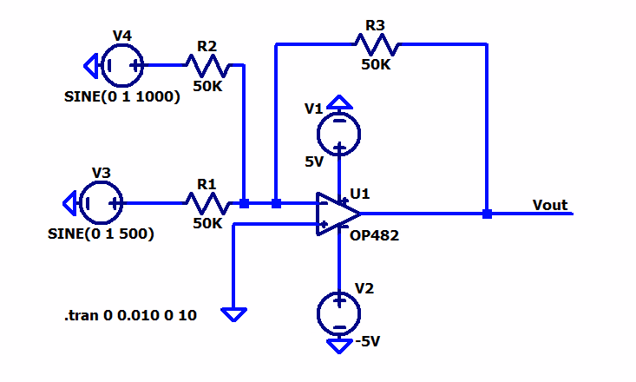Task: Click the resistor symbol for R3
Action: [x=376, y=42]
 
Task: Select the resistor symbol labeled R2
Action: [x=207, y=63]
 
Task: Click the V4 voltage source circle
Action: [x=122, y=63]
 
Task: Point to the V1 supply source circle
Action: [x=338, y=132]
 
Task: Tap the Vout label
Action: [x=550, y=206]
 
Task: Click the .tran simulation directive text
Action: [x=130, y=316]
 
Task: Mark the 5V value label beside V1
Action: [x=314, y=161]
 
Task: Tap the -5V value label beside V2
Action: [x=368, y=341]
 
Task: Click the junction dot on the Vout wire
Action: [x=487, y=214]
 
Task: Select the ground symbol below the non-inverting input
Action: [x=233, y=313]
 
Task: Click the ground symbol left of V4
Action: [x=90, y=63]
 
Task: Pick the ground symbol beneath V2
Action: [x=338, y=346]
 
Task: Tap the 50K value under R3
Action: [x=376, y=65]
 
